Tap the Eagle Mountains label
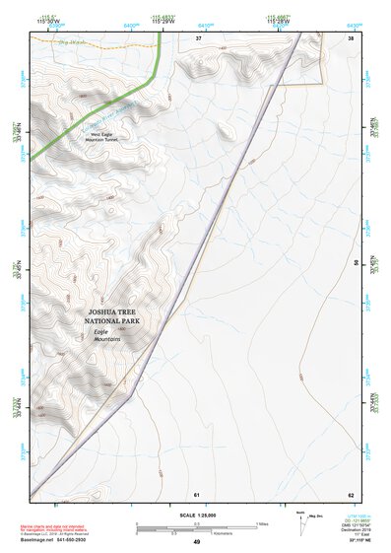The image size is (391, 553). (x=106, y=335)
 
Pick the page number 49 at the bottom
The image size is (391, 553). (x=196, y=542)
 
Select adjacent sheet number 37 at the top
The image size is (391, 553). (x=197, y=37)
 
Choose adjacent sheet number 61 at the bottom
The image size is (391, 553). (x=197, y=494)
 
